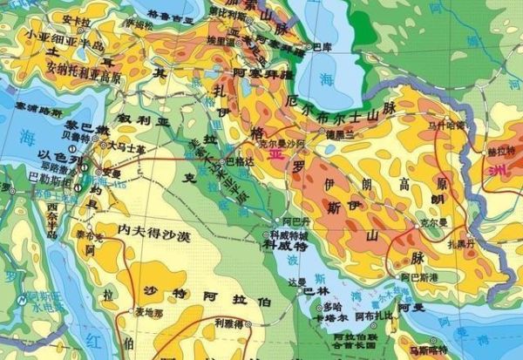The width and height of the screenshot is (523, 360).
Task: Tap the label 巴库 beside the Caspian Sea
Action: point(322,46)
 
